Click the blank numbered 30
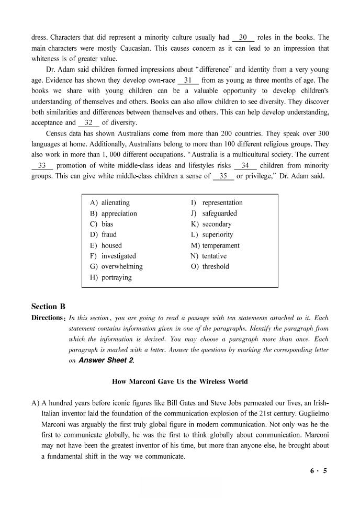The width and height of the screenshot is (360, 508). point(243,38)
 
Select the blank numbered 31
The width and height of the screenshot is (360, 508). point(188,81)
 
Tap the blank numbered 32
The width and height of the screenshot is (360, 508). point(88,123)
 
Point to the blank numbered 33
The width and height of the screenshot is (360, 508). point(42,165)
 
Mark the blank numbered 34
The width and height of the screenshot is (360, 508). point(245,165)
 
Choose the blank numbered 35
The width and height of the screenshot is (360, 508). point(223,176)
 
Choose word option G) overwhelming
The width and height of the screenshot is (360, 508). point(116,266)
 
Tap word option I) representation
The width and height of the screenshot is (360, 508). point(217,202)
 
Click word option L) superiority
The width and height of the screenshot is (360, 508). point(212,234)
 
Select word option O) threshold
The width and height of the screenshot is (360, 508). point(210,266)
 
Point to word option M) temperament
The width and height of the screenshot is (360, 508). point(215,245)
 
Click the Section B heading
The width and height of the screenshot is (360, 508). point(48,307)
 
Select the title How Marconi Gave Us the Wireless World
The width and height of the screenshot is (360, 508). point(180,381)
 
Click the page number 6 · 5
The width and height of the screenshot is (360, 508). point(318,471)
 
